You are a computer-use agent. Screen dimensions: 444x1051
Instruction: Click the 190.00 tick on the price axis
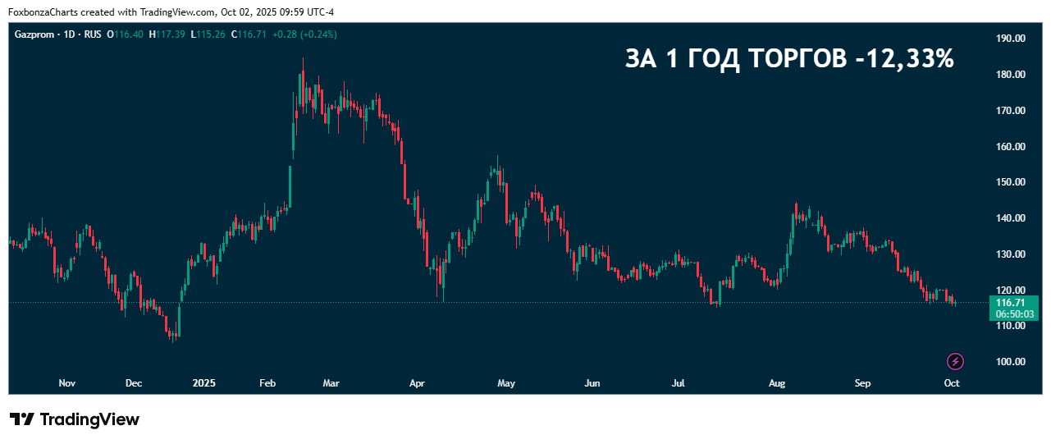pos(1010,39)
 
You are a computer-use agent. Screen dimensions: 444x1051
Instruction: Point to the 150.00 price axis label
pos(1010,182)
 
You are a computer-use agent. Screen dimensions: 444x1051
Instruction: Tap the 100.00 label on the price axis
pos(1010,362)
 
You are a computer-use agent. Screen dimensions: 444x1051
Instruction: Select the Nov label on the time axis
pos(68,383)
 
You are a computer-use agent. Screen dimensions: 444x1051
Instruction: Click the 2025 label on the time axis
pos(203,383)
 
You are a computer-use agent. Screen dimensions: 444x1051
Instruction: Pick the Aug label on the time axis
pos(777,383)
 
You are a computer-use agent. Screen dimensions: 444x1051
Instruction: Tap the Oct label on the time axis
pos(952,383)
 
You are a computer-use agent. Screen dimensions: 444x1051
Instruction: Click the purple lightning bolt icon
pos(955,361)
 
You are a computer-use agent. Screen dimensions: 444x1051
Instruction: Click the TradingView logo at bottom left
pos(75,419)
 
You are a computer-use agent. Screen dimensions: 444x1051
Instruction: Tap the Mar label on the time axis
pos(331,383)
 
